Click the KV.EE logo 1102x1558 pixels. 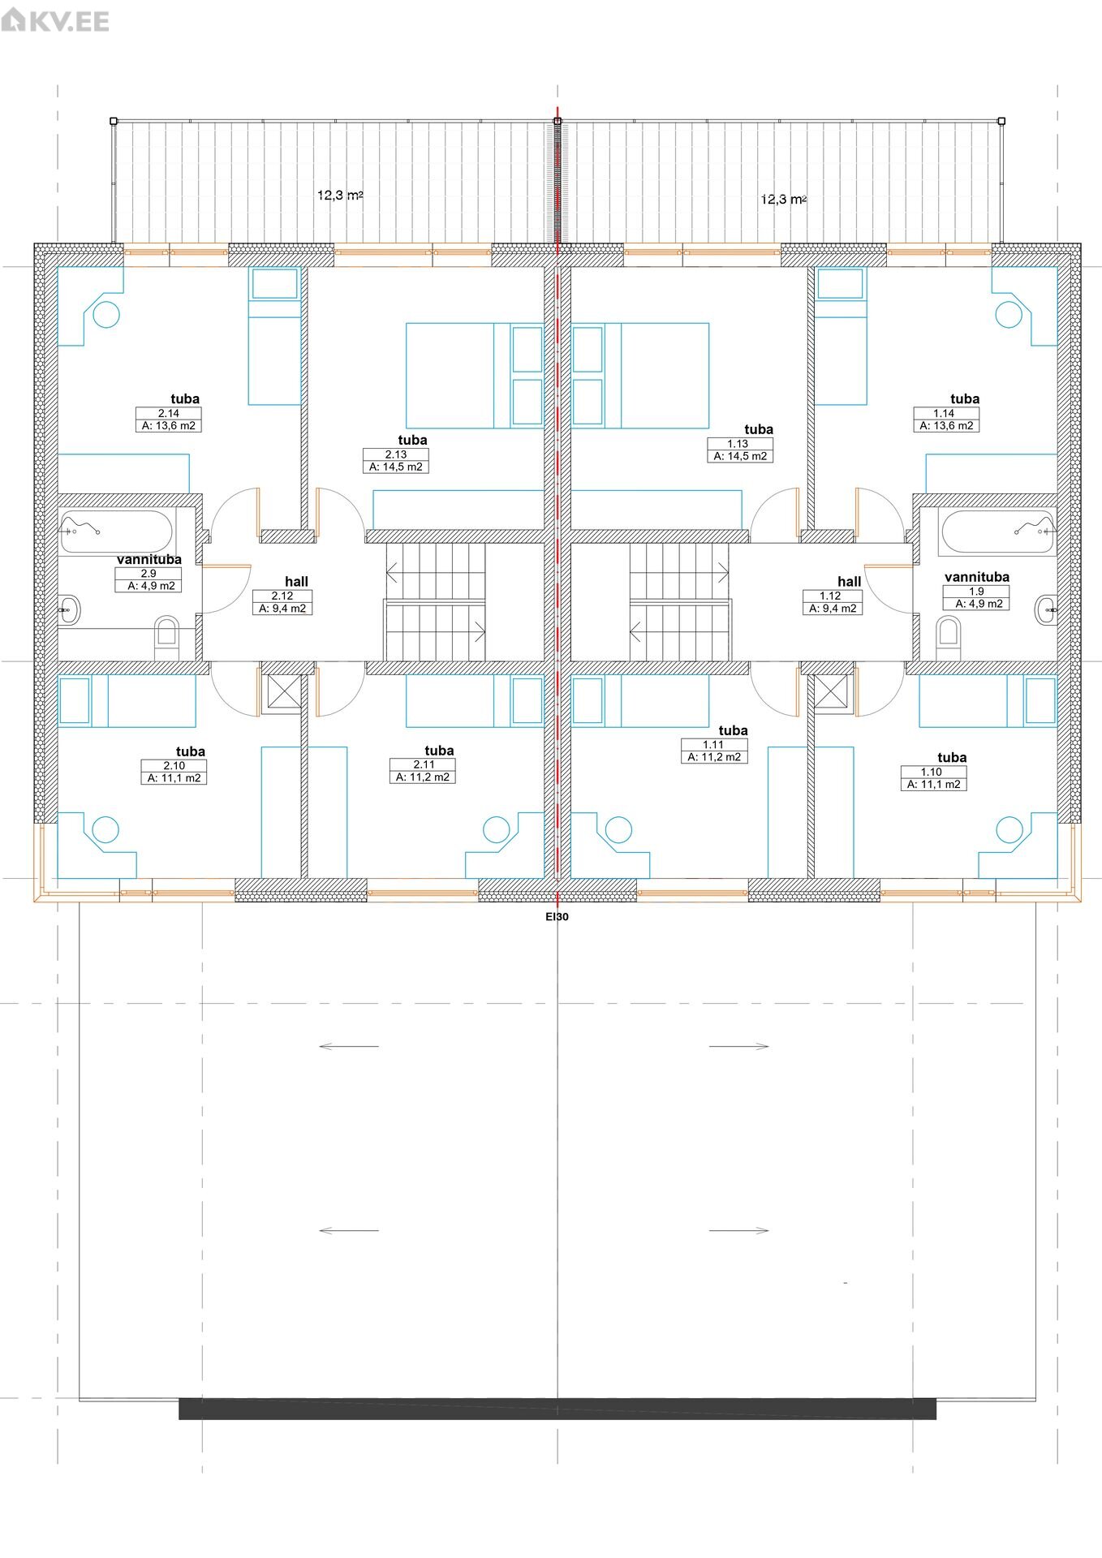click(x=55, y=19)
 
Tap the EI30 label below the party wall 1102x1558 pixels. click(x=557, y=917)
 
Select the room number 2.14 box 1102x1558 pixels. click(x=169, y=413)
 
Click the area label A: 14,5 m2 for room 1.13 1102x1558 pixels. click(x=740, y=456)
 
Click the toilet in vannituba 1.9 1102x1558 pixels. click(x=948, y=639)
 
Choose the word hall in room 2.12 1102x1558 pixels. click(x=296, y=581)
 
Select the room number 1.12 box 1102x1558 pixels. click(x=830, y=596)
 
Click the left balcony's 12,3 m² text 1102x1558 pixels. click(x=340, y=195)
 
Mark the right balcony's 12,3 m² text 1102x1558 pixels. click(x=784, y=199)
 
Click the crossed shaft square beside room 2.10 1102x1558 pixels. click(x=284, y=693)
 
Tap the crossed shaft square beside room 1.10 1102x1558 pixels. click(x=831, y=693)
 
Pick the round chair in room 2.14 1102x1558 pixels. click(x=106, y=314)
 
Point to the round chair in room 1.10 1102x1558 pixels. click(x=1009, y=829)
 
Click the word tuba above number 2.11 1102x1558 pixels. click(x=439, y=751)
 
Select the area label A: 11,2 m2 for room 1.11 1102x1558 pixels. click(x=714, y=757)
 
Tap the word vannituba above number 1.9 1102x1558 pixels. click(x=977, y=577)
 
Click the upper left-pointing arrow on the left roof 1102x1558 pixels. click(x=349, y=1046)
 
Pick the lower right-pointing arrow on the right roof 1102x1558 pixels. click(x=738, y=1230)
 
